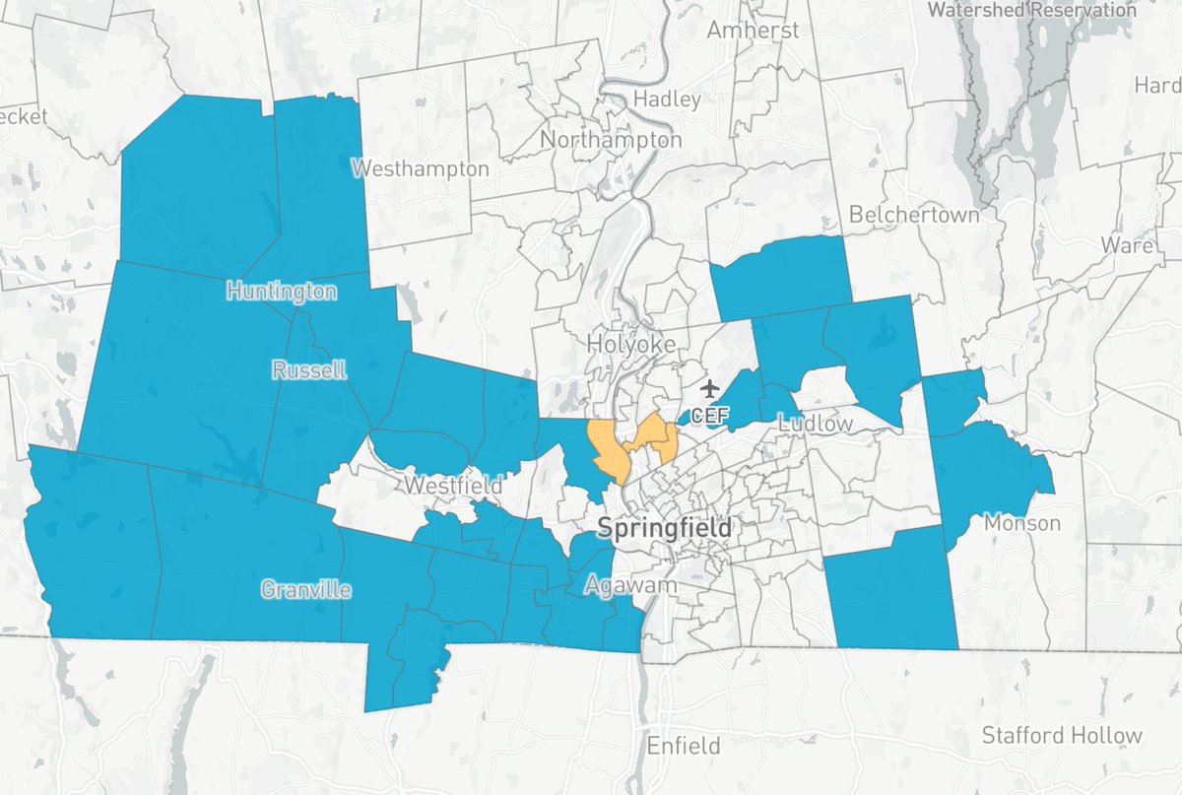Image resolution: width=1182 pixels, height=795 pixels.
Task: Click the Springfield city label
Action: click(665, 529)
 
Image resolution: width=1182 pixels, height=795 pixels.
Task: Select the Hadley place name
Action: click(667, 99)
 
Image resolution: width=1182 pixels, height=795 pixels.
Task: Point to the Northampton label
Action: click(611, 140)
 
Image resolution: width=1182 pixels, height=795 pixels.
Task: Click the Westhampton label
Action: click(421, 168)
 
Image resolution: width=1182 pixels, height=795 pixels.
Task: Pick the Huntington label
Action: click(281, 291)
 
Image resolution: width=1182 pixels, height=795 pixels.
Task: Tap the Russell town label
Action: click(309, 370)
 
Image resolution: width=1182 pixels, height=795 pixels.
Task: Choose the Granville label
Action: click(305, 590)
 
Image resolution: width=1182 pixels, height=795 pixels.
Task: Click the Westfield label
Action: click(454, 486)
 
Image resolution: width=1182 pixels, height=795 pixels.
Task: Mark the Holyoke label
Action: click(631, 344)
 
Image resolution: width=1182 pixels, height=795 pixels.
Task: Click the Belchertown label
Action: click(914, 214)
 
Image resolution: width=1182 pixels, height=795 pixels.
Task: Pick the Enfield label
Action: click(683, 745)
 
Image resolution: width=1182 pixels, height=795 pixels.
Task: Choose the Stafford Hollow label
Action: click(1062, 735)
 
